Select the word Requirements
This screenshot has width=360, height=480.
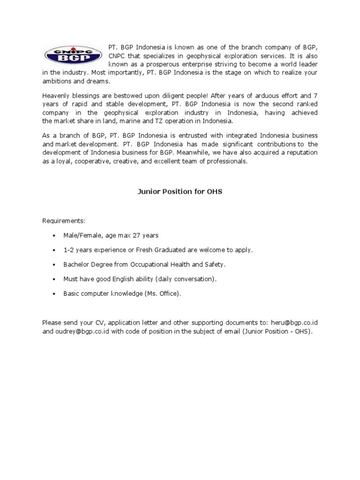(64, 220)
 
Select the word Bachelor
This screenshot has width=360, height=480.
(76, 264)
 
